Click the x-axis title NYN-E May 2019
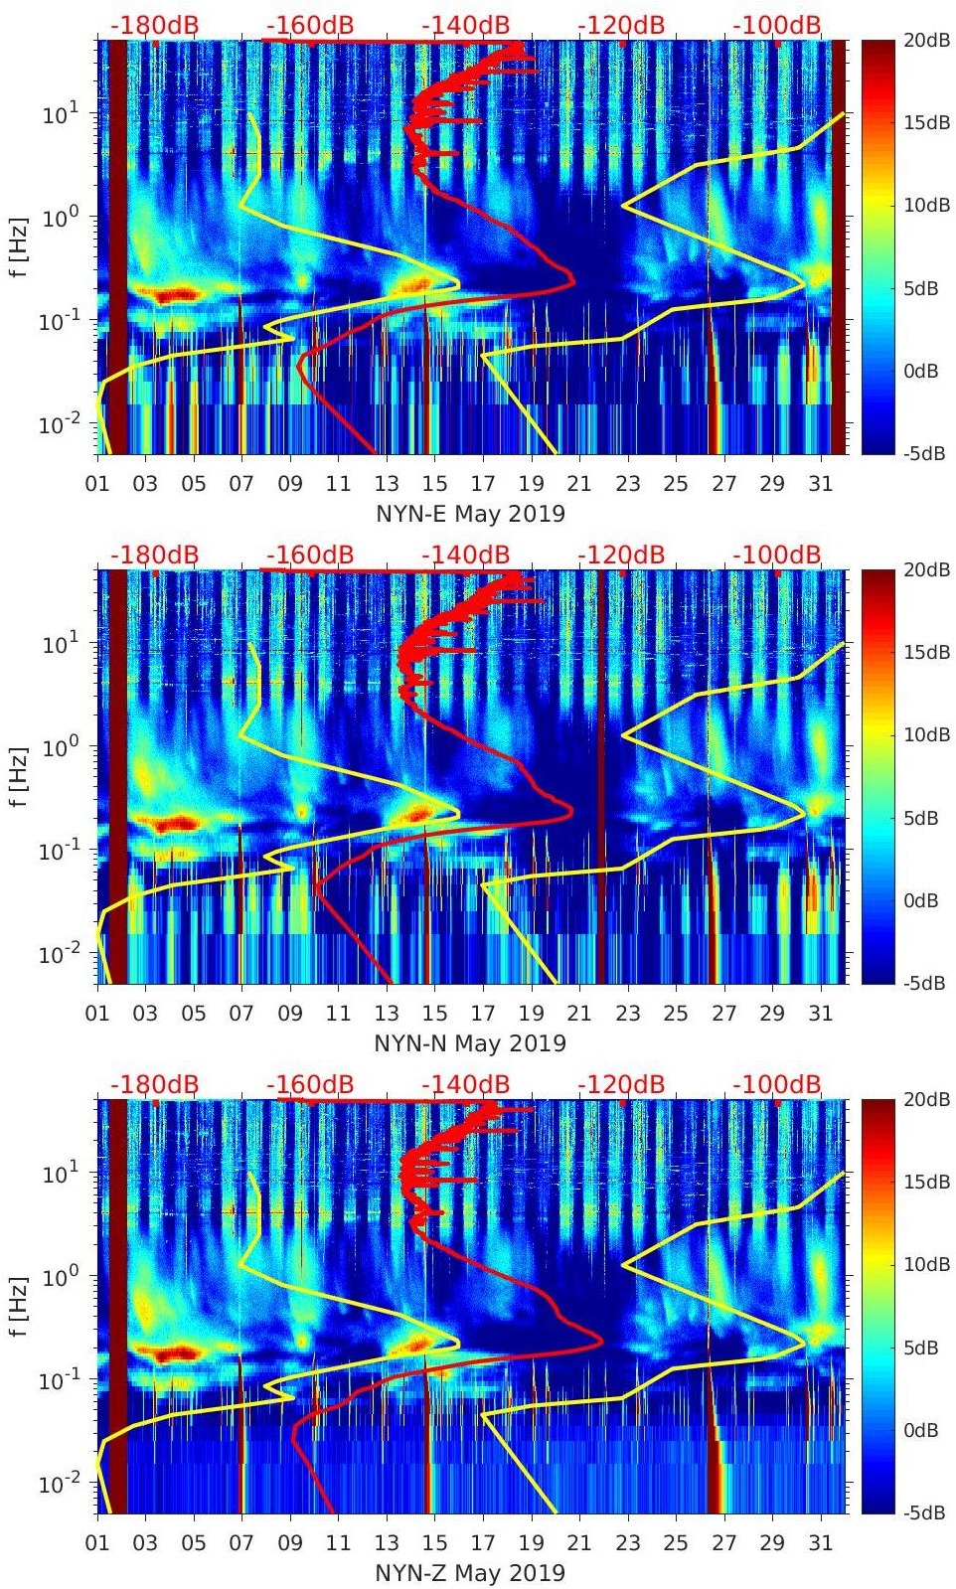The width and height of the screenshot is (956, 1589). coord(470,514)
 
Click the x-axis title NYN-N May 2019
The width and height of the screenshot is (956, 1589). coord(470,1043)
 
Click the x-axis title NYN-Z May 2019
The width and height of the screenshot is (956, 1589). coord(470,1573)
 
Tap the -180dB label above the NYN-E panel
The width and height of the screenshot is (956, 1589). coord(154,25)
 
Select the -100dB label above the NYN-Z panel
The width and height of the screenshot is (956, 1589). coord(777,1084)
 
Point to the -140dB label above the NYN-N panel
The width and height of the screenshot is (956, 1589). coord(465,555)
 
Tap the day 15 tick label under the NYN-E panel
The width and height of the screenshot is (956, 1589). coord(434,484)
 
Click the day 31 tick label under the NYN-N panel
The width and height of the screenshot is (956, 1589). coord(820,1014)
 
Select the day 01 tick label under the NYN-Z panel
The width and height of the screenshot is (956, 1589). coord(97,1543)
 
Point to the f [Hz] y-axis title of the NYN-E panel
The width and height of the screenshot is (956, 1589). coord(20,246)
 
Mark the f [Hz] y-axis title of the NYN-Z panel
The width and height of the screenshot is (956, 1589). coord(20,1306)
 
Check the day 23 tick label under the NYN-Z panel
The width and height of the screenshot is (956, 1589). coord(627,1543)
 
